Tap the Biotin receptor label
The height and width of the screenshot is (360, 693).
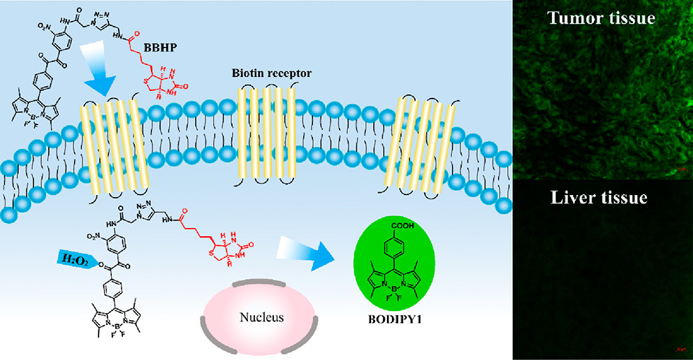[263, 72]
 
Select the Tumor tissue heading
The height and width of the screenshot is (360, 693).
[601, 18]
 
